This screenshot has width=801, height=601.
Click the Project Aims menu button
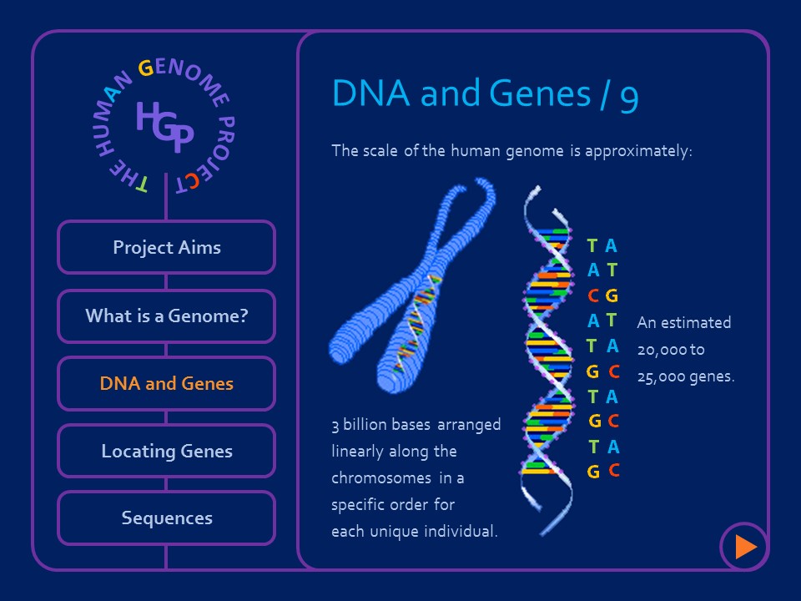tap(166, 247)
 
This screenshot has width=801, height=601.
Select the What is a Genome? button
tap(166, 316)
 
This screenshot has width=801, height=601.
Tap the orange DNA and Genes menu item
tap(166, 384)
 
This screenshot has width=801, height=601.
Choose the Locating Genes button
tap(166, 451)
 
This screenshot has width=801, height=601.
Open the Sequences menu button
tap(166, 518)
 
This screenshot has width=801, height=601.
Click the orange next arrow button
tap(744, 547)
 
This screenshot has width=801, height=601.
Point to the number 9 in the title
tap(629, 95)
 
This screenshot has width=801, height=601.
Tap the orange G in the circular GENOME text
tap(145, 68)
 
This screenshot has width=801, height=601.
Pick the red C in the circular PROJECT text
tap(194, 183)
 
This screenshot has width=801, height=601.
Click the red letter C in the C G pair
tap(592, 295)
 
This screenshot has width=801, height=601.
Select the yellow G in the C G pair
tap(612, 295)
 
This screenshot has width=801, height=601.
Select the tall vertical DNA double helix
tap(547, 359)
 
